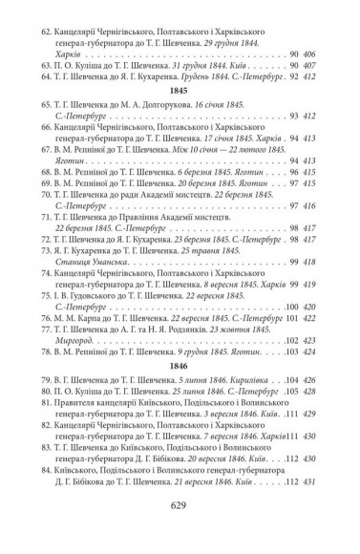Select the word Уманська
108,261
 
